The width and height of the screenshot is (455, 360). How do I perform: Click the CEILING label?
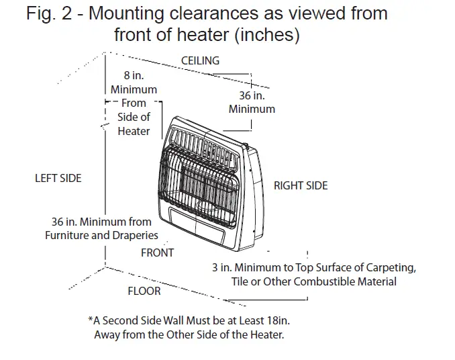pyautogui.click(x=200, y=60)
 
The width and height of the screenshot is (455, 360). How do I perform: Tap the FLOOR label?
pyautogui.click(x=144, y=291)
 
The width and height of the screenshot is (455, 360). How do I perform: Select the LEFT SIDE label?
pyautogui.click(x=58, y=178)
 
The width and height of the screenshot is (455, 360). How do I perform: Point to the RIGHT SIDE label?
pyautogui.click(x=301, y=185)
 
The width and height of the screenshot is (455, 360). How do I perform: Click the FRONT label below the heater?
pyautogui.click(x=157, y=253)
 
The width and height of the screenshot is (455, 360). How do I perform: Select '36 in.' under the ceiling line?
pyautogui.click(x=251, y=96)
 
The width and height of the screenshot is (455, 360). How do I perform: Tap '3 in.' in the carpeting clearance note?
pyautogui.click(x=221, y=267)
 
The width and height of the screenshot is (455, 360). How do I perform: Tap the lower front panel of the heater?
pyautogui.click(x=197, y=224)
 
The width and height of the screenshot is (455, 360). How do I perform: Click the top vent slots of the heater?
pyautogui.click(x=205, y=143)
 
